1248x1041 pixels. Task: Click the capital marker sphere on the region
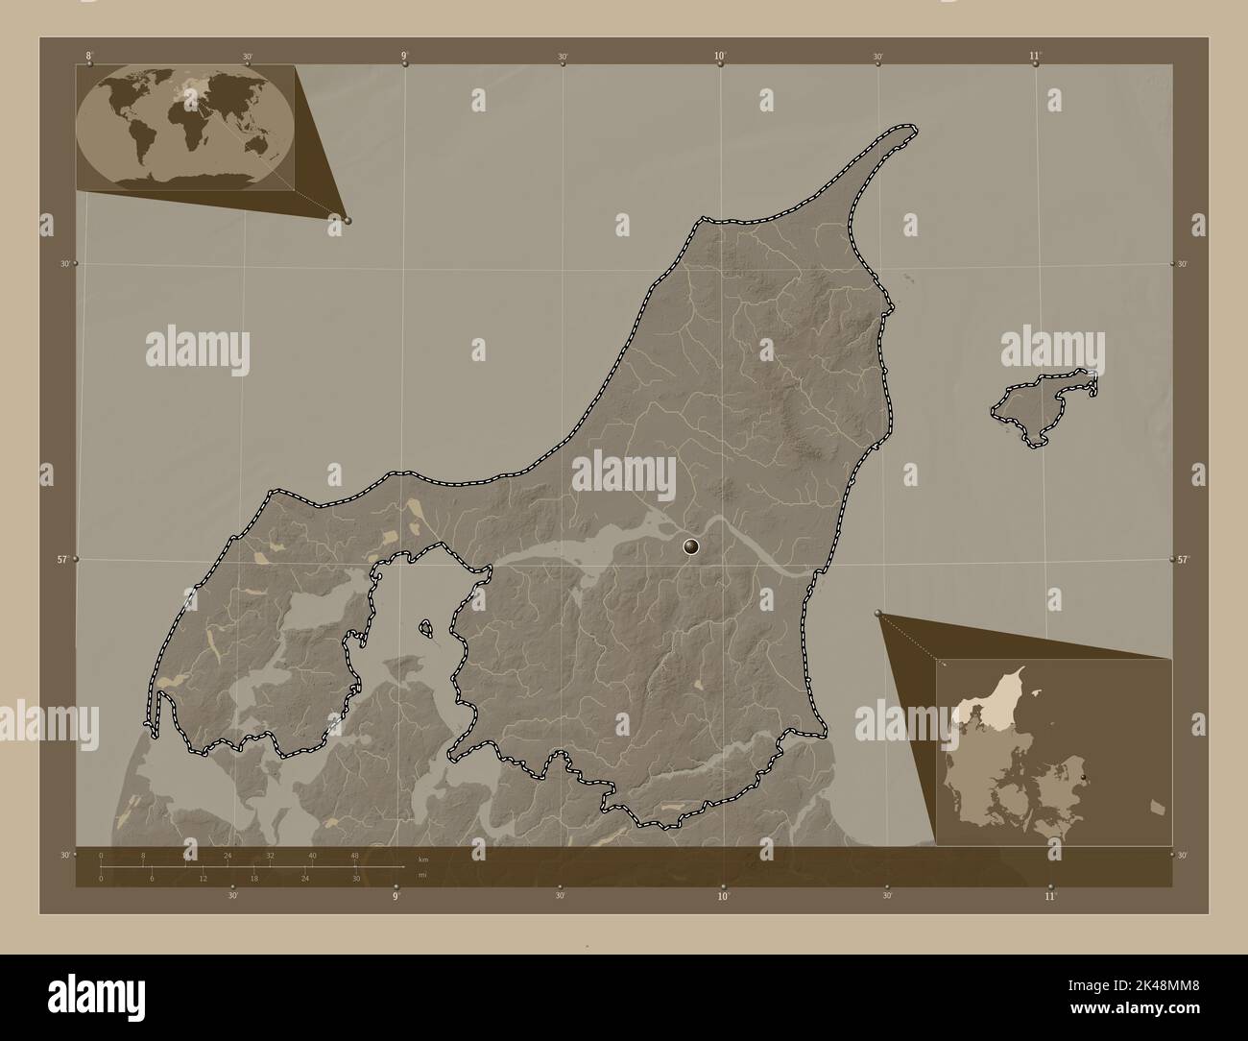(691, 547)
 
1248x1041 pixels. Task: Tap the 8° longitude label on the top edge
(89, 56)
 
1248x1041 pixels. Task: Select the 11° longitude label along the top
(1035, 56)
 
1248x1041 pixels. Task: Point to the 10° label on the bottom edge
(723, 896)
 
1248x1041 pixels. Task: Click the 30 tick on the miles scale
(355, 878)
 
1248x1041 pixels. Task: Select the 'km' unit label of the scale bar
(422, 859)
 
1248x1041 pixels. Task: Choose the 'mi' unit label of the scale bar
(421, 875)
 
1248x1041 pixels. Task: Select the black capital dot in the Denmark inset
(1083, 777)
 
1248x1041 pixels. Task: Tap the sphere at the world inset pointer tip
(347, 220)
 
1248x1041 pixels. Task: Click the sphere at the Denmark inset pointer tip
(878, 612)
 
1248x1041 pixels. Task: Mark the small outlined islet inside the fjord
(425, 629)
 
